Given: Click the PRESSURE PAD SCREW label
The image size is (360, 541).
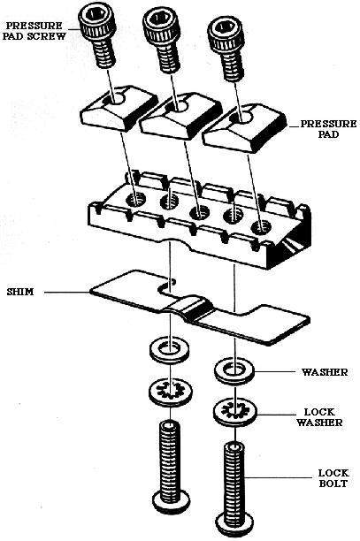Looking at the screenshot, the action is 34,31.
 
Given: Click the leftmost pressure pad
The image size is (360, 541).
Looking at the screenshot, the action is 119,109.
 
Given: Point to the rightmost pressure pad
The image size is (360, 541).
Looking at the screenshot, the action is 244,127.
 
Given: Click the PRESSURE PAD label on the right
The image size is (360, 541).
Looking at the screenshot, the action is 328,129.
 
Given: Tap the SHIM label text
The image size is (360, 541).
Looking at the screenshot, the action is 20,292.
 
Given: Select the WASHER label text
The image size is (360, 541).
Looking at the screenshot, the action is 325,372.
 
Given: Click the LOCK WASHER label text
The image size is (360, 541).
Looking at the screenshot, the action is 319,417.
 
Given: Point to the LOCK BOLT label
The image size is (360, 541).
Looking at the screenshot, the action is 333,478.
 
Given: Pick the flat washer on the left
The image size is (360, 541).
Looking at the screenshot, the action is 170,349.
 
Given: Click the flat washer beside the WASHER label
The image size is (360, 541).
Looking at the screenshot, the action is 234,371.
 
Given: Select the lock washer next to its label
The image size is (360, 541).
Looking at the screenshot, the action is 235,412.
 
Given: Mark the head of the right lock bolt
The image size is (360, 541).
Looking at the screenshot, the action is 235,527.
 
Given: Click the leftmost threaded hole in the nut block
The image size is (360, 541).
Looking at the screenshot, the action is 137,199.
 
